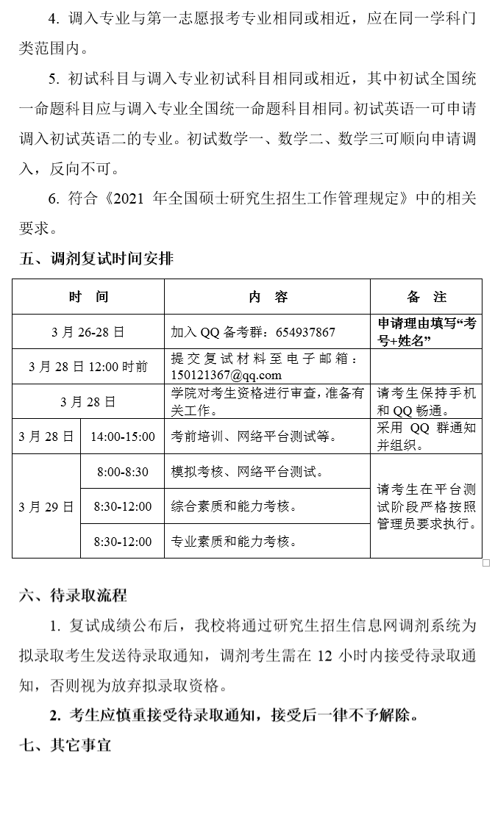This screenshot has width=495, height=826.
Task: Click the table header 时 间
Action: (88, 297)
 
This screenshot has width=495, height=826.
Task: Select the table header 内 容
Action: (268, 297)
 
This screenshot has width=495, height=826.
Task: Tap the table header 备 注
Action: (426, 297)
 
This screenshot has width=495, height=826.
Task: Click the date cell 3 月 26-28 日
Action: (88, 332)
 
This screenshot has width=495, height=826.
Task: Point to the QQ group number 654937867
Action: (305, 332)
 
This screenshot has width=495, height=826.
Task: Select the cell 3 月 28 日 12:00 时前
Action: (88, 367)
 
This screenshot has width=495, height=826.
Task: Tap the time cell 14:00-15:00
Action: (122, 437)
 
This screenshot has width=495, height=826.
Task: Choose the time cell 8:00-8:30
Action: (122, 472)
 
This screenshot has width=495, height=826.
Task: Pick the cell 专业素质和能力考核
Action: (234, 542)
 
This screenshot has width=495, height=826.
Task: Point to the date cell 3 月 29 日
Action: (46, 506)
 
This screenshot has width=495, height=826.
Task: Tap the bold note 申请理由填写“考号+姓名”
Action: (426, 332)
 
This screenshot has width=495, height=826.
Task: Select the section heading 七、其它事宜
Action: (65, 745)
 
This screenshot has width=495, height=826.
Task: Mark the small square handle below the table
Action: (486, 563)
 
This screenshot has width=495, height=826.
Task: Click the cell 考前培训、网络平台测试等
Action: (254, 437)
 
